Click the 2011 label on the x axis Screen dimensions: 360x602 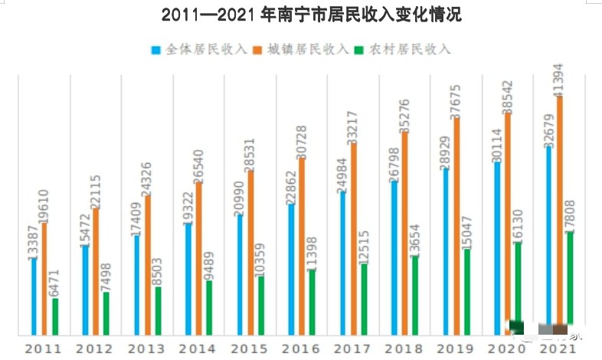44,349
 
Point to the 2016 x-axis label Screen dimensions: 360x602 301,349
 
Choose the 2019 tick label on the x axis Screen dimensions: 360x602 456,349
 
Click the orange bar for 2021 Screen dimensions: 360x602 558,214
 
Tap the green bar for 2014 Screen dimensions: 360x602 209,307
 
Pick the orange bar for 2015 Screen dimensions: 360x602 250,253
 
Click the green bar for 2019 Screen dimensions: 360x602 466,291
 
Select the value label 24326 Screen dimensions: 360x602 147,178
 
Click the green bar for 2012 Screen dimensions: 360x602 106,313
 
